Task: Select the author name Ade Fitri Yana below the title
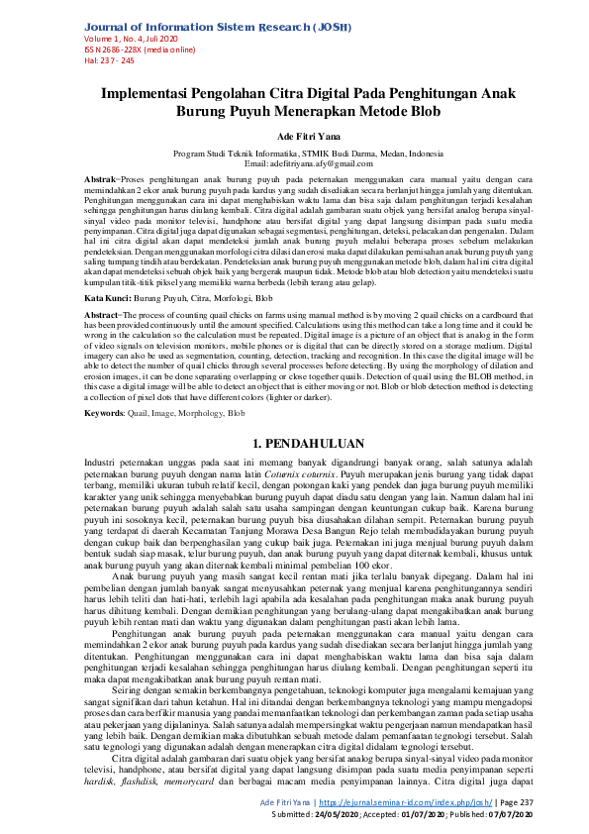pos(294,138)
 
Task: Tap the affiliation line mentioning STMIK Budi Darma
pos(294,154)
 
